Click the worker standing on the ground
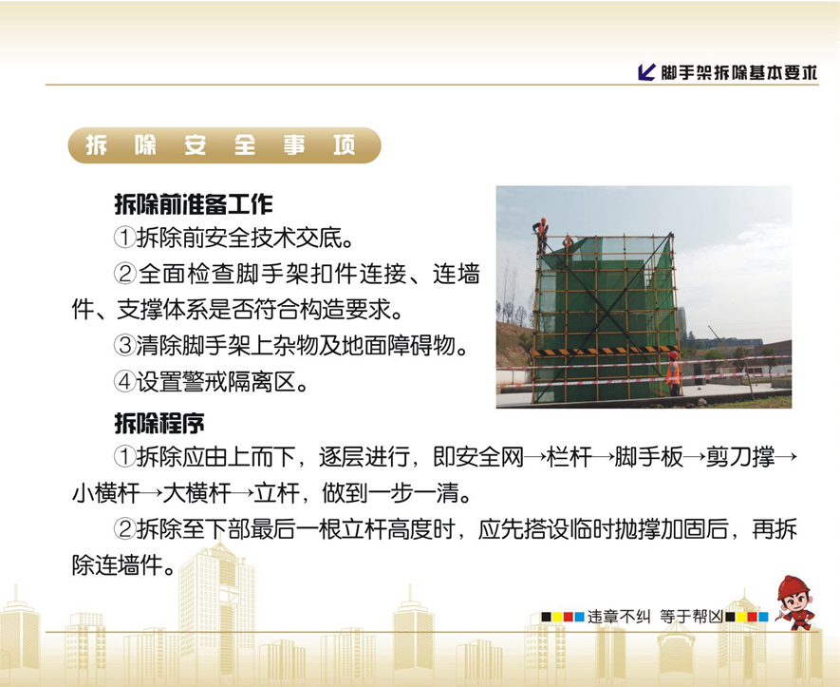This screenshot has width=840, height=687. coord(673,372)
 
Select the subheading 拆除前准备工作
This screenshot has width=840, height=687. coord(194,203)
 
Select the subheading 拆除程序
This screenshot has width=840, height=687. coord(159,422)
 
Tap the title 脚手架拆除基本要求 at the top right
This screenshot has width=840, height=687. coord(738,72)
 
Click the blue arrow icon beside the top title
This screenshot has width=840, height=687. coord(647,72)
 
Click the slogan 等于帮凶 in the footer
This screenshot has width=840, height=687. coord(691,616)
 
